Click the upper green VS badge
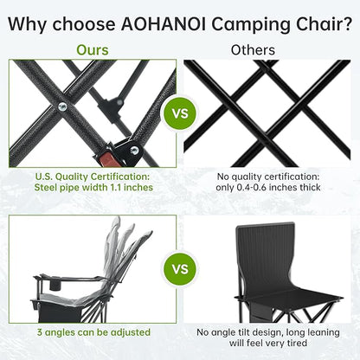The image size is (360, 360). (x=180, y=114)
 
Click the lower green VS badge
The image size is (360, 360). (x=180, y=268)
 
